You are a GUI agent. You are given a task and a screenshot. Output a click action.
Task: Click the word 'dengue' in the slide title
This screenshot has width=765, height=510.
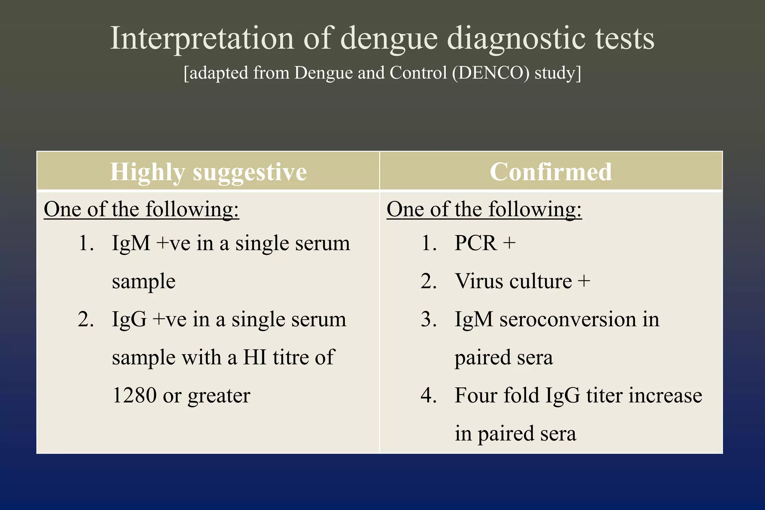[x=389, y=39]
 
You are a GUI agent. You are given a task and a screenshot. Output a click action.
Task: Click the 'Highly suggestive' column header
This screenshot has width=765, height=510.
[x=208, y=172]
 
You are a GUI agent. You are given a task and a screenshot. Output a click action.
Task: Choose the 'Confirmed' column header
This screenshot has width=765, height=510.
[x=551, y=172]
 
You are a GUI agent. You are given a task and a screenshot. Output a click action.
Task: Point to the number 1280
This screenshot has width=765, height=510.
[x=134, y=395]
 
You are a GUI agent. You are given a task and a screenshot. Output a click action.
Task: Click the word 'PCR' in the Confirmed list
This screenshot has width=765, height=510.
[x=476, y=243]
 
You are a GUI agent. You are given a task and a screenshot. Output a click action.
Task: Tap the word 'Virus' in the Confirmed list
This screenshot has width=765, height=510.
[x=478, y=281]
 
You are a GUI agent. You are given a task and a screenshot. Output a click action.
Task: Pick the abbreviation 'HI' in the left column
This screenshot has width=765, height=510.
[x=255, y=357]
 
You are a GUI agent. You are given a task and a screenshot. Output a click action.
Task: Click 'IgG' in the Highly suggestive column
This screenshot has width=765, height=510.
[x=129, y=320]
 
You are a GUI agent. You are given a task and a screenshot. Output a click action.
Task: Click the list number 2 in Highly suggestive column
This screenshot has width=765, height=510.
[x=85, y=320]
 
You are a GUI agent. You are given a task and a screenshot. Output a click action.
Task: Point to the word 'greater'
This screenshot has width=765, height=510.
[x=219, y=396]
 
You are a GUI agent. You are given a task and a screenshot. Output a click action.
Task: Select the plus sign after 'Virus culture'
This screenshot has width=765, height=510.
[x=584, y=281]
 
